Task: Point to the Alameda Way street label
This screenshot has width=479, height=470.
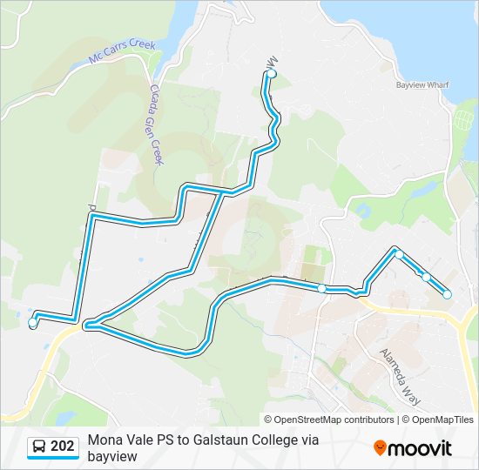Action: [x=400, y=378]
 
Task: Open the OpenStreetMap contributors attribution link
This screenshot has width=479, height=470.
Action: [x=335, y=420]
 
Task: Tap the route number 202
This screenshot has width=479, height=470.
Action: [x=63, y=446]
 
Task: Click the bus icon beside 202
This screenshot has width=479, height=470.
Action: [x=39, y=447]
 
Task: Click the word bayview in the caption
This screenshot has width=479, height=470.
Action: [x=112, y=455]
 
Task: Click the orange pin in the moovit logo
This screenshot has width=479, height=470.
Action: [x=379, y=447]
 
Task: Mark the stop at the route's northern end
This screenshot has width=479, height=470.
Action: [x=272, y=75]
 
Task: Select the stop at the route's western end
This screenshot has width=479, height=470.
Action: [x=32, y=323]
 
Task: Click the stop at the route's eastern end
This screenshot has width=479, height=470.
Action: [x=448, y=295]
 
